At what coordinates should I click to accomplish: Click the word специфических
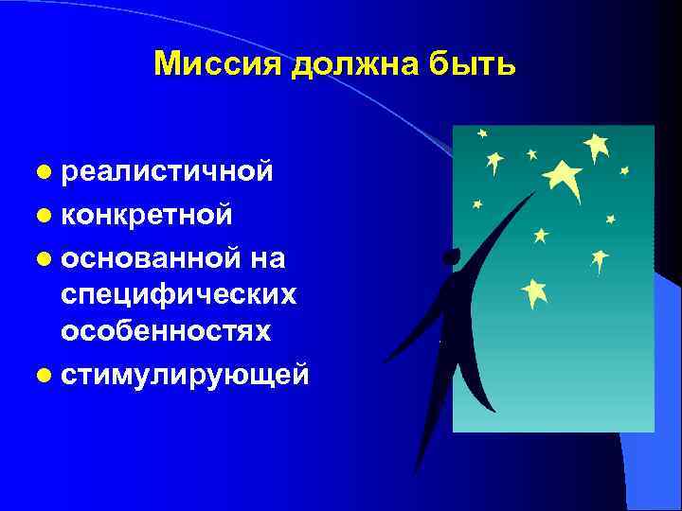[178, 294]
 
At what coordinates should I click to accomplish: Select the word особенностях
[166, 331]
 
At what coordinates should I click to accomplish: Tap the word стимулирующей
[185, 374]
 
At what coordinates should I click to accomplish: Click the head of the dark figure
[451, 256]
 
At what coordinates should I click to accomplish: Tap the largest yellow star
[564, 177]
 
